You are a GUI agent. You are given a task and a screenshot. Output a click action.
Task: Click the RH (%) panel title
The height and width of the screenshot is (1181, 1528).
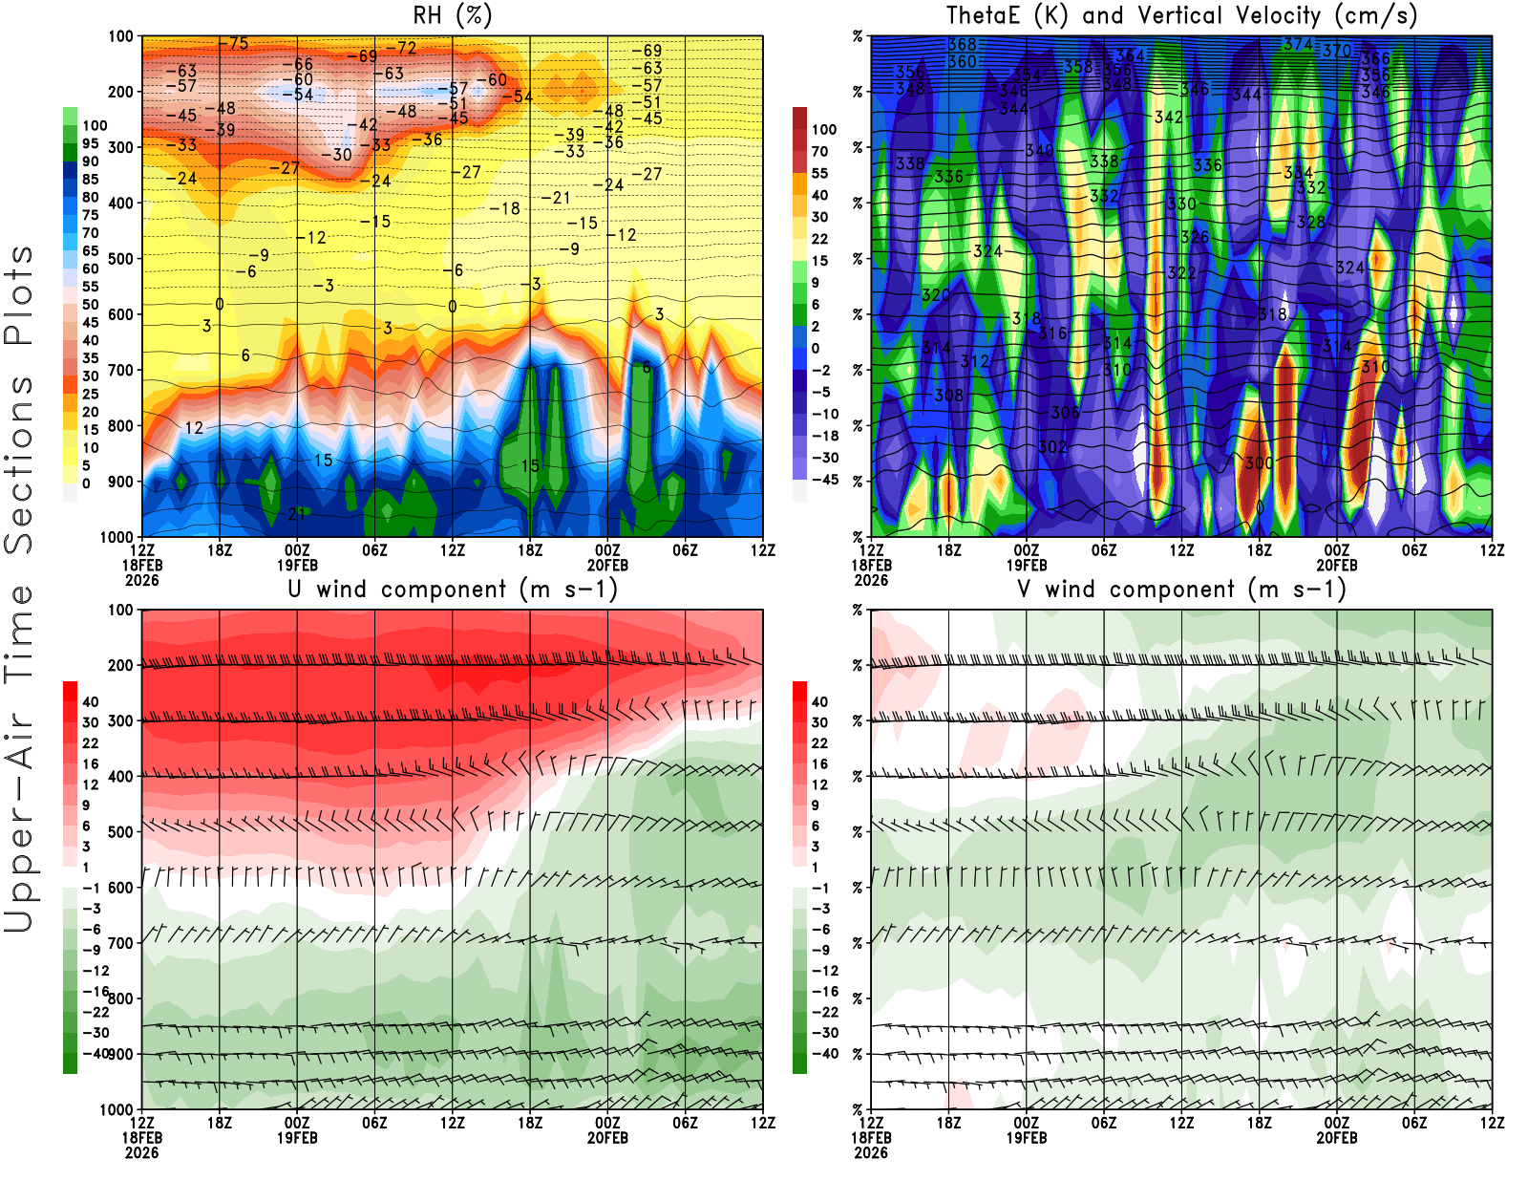tap(452, 15)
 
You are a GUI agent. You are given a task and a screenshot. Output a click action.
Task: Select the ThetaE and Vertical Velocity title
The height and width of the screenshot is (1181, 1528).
tap(1181, 15)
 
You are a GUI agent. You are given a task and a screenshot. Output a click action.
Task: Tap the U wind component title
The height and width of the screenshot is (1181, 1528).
tap(452, 589)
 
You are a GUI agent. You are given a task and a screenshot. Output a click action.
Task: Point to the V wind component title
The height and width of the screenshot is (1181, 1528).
tap(1181, 589)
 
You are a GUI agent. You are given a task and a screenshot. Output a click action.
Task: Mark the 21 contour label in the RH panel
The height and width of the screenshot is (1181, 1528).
tap(297, 514)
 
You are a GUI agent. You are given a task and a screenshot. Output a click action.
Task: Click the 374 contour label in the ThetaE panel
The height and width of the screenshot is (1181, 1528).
tap(1298, 45)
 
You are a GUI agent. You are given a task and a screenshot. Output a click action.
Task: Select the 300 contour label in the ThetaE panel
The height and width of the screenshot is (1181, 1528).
tap(1259, 462)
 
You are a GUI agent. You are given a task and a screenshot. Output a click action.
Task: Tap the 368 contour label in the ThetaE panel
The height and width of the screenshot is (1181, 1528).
tap(962, 45)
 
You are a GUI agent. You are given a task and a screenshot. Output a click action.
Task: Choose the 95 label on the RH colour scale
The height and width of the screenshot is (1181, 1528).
tap(90, 143)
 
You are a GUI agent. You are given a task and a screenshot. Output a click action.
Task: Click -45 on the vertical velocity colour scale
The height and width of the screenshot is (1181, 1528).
tap(824, 480)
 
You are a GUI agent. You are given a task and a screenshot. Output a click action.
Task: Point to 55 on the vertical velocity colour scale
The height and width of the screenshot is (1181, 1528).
tap(819, 173)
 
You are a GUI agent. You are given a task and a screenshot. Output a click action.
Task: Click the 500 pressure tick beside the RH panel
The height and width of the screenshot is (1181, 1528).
tap(120, 258)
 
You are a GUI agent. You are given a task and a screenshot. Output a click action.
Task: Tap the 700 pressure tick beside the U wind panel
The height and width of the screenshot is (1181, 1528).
tap(120, 943)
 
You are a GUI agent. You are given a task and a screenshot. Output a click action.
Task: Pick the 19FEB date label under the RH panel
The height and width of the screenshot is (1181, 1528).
tap(297, 565)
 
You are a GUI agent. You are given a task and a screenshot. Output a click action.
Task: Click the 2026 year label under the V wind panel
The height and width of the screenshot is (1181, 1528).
tap(871, 1152)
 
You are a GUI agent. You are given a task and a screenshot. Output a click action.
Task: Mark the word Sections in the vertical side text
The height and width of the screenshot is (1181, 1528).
tap(19, 463)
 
